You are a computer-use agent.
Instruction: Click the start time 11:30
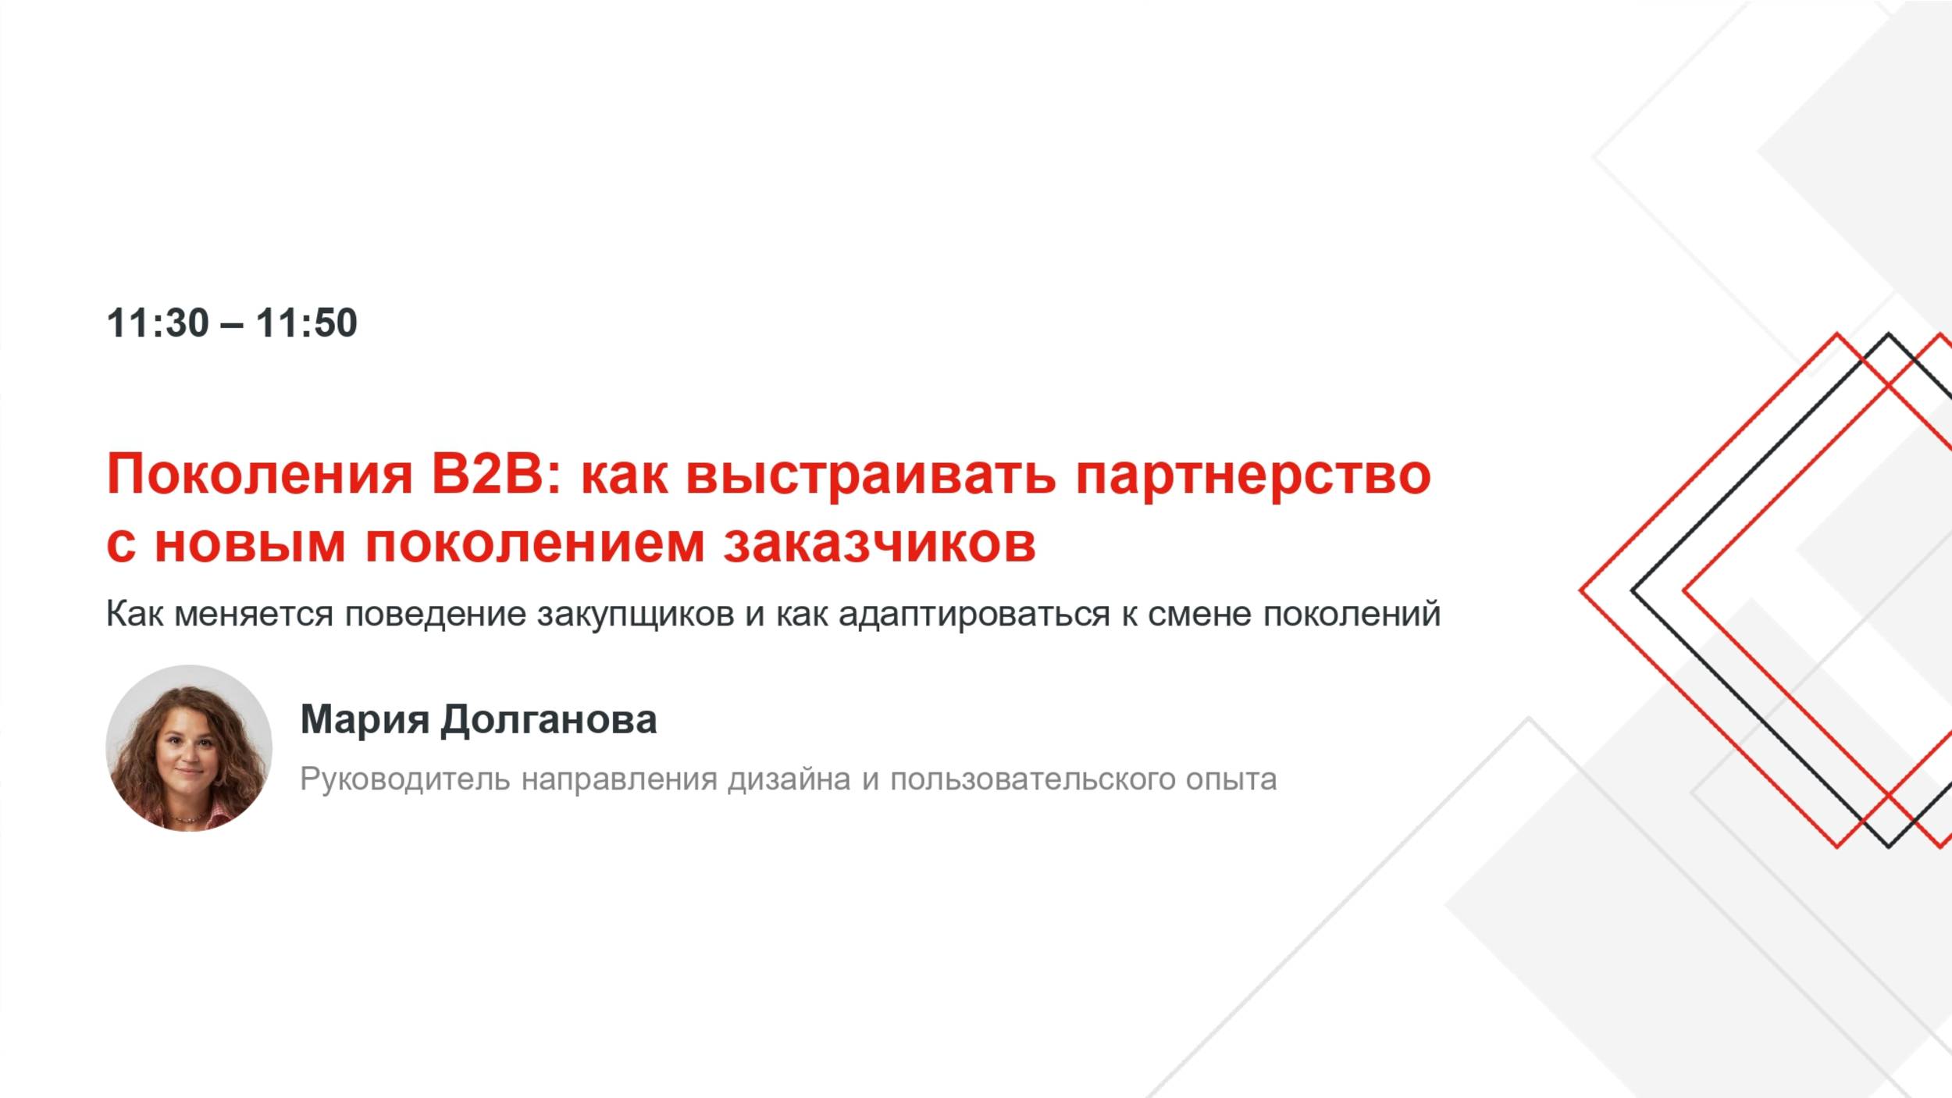click(x=158, y=323)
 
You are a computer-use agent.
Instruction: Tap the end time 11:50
click(x=306, y=323)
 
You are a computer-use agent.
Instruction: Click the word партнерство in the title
click(x=1253, y=474)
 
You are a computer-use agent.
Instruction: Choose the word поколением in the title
click(x=535, y=543)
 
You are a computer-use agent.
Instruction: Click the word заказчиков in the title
click(x=879, y=543)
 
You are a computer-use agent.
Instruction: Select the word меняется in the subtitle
click(x=254, y=614)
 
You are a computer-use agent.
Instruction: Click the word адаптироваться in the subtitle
click(x=974, y=614)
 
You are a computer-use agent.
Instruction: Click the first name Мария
click(x=365, y=719)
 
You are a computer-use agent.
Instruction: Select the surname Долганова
click(x=548, y=719)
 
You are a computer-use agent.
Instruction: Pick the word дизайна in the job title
click(x=789, y=779)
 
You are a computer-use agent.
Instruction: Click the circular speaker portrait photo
click(x=189, y=747)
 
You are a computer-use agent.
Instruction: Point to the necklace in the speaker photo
click(x=190, y=818)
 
